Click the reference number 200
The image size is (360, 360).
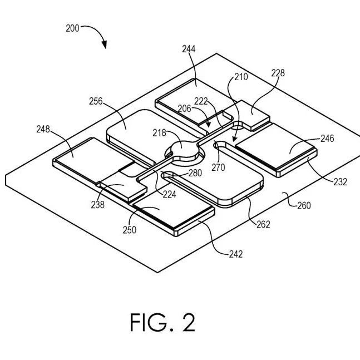pos(72,28)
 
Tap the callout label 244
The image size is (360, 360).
pos(189,49)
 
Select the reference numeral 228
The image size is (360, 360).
pos(278,73)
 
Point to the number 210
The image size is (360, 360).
pos(241,77)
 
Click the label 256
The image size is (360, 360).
pos(96,101)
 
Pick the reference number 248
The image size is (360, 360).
pos(43,129)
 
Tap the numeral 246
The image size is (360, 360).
pos(327,139)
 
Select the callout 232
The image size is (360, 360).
pos(341,182)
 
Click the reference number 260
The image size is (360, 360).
pos(304,205)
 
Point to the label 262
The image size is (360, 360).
pos(263,224)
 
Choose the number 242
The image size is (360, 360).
pos(236,254)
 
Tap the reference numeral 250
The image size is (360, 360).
pos(130,230)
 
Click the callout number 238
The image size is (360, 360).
pos(98,205)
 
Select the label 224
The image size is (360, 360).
pos(170,194)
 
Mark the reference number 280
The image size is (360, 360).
pos(195,173)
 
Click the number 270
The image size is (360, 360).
pos(218,167)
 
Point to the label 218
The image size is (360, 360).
pos(159,132)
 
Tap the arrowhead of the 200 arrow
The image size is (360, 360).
pos(105,45)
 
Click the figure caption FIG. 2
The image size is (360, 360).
pos(163,322)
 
